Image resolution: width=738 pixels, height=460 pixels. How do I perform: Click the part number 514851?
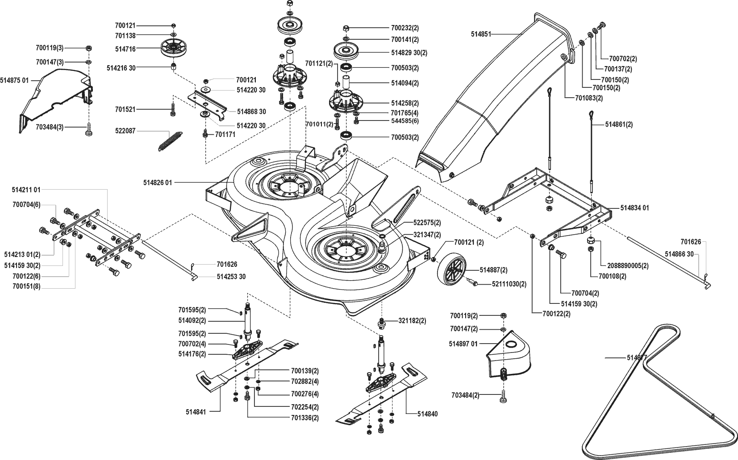[x=481, y=34]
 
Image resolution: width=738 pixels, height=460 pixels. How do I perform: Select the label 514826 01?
[x=158, y=182]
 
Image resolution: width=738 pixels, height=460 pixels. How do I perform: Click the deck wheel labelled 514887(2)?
[x=454, y=270]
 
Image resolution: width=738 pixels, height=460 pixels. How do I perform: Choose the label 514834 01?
[x=634, y=208]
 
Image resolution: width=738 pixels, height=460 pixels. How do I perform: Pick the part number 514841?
[x=196, y=412]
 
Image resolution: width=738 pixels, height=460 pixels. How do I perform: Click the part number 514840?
[x=427, y=414]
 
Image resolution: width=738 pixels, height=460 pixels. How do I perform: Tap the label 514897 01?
[x=463, y=344]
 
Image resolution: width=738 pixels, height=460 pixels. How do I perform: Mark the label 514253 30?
[x=231, y=277]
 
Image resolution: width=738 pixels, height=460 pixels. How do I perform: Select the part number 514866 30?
[x=679, y=254]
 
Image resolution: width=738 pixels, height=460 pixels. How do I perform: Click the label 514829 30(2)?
[x=409, y=53]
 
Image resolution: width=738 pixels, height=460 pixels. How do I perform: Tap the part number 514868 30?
[x=251, y=112]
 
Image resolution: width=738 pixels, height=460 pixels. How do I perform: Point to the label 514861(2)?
[x=619, y=124]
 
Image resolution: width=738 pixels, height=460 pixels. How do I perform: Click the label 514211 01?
[x=26, y=190]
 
